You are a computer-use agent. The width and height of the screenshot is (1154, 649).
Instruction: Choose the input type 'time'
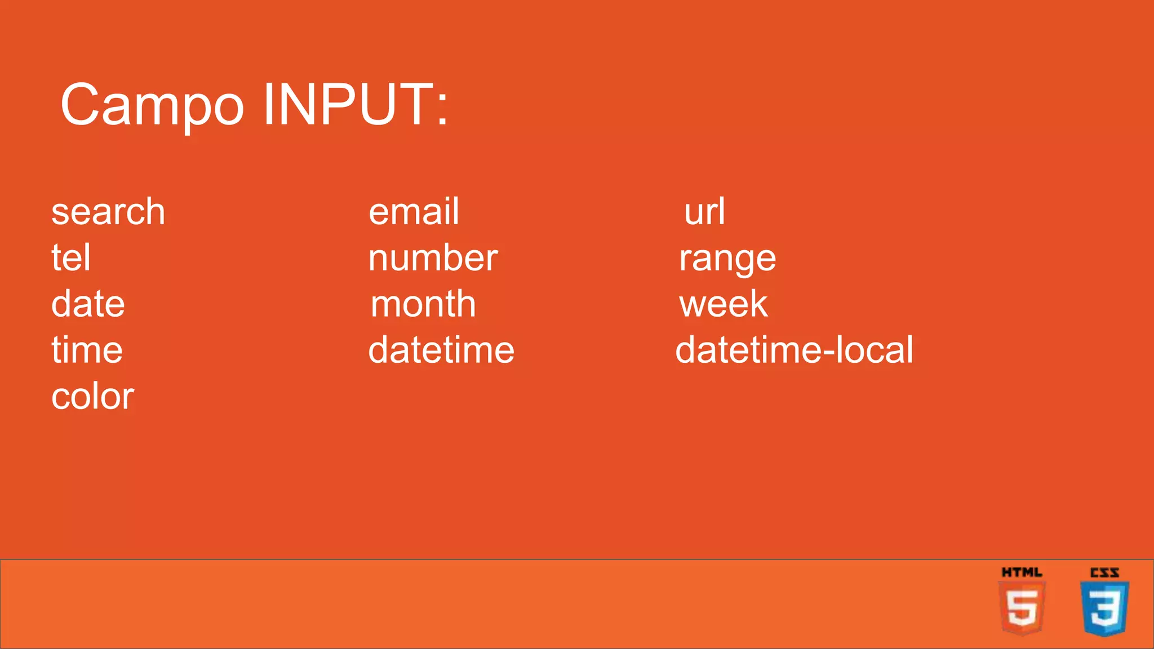(87, 350)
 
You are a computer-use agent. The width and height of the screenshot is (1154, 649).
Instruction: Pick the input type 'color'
(93, 396)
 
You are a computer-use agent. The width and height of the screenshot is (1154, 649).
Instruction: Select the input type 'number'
(433, 258)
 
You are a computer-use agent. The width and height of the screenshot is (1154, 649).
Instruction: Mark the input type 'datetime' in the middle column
(441, 350)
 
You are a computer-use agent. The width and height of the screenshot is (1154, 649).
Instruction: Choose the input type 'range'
(727, 259)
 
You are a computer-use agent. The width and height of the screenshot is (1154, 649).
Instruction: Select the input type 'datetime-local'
(795, 350)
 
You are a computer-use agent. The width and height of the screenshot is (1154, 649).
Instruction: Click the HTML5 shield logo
(1022, 608)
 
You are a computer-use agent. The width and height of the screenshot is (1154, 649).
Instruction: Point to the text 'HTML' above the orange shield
(1022, 572)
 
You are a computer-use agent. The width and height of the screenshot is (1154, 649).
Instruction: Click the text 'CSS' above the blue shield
(1104, 573)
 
